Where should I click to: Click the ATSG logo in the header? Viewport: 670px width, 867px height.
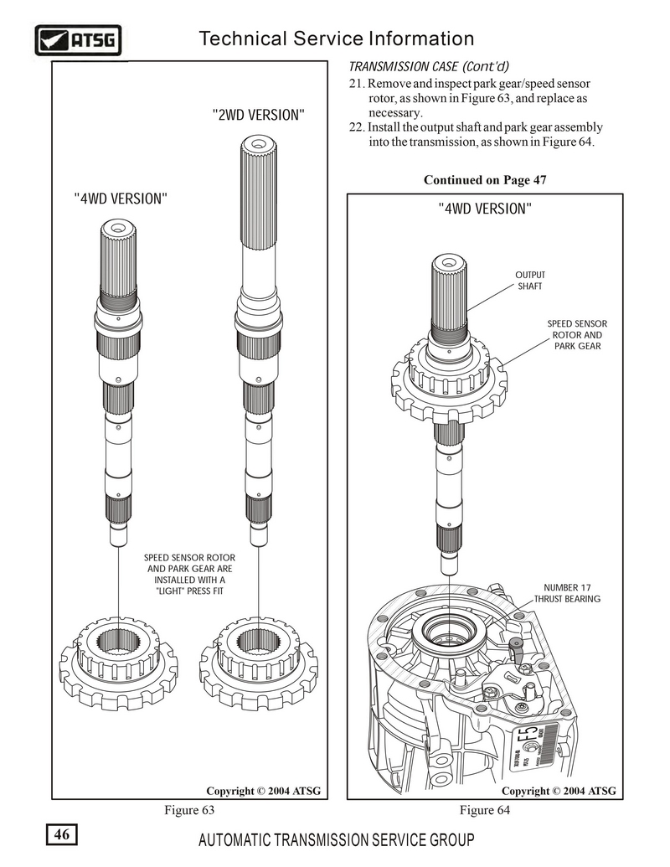[x=79, y=39]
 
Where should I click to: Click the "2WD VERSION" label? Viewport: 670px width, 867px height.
[x=257, y=115]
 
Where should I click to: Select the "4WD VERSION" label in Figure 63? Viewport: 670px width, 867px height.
[x=121, y=199]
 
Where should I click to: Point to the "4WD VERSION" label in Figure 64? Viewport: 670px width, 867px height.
[x=485, y=208]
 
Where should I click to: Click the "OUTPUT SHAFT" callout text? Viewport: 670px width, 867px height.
[x=529, y=280]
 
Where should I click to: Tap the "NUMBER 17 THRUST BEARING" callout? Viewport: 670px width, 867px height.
[x=567, y=593]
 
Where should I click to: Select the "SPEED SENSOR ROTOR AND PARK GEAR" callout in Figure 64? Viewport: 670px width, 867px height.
[x=577, y=334]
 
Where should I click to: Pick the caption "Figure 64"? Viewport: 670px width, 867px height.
[x=485, y=810]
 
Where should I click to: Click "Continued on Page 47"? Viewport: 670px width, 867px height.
[x=485, y=180]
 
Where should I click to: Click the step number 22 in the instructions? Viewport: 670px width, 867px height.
[x=356, y=127]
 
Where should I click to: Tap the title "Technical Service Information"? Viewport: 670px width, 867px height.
[x=337, y=39]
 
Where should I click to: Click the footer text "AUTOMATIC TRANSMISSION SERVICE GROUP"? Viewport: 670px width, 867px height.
[x=336, y=841]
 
